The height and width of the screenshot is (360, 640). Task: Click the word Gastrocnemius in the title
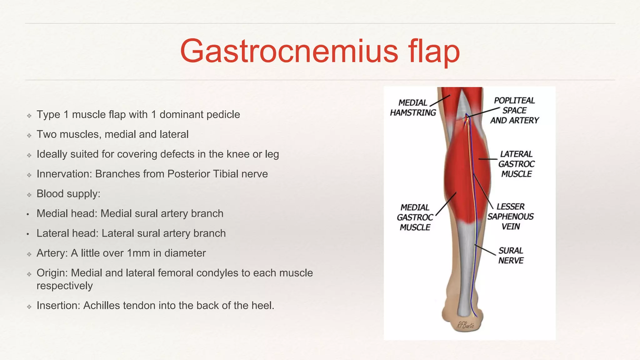pyautogui.click(x=289, y=51)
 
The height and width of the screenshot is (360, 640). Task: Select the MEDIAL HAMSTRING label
pyautogui.click(x=413, y=107)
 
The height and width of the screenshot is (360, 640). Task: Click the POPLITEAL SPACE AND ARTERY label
pyautogui.click(x=514, y=110)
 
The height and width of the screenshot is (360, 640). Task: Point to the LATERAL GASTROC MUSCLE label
pyautogui.click(x=516, y=164)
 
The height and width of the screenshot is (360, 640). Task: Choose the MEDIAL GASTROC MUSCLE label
pyautogui.click(x=415, y=217)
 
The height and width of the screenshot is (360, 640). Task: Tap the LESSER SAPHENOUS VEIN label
pyautogui.click(x=511, y=217)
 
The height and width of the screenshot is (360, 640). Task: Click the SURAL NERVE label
pyautogui.click(x=511, y=255)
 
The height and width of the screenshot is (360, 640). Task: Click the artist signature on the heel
pyautogui.click(x=465, y=325)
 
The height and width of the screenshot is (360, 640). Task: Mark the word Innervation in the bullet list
pyautogui.click(x=64, y=174)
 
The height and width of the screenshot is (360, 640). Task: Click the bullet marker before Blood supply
pyautogui.click(x=29, y=195)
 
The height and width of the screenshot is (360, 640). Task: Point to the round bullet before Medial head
pyautogui.click(x=28, y=214)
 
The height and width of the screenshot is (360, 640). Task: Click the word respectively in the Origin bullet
pyautogui.click(x=65, y=286)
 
